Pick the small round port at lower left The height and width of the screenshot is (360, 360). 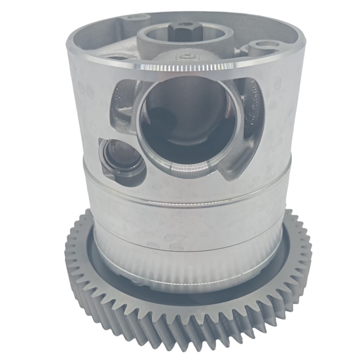coord(117,155)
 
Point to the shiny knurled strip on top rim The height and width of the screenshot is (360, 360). coord(184,68)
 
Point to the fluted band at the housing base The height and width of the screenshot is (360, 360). coord(189,270)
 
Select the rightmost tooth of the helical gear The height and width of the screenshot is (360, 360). coord(308,252)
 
